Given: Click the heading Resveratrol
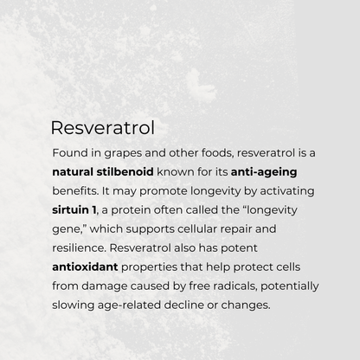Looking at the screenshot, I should (x=102, y=127).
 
